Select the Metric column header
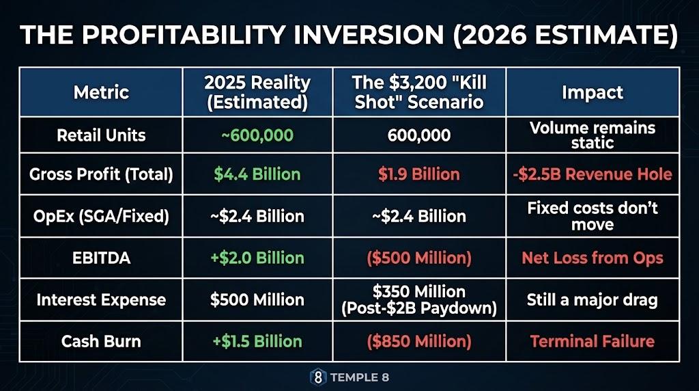(x=100, y=92)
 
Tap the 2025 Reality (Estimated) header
(x=257, y=92)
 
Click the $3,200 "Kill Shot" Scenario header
(x=418, y=92)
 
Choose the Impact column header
(x=592, y=92)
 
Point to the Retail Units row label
(x=100, y=135)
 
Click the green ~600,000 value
(x=257, y=135)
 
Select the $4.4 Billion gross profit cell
(x=257, y=174)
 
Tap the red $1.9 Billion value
(x=418, y=174)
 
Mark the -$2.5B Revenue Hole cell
(x=592, y=174)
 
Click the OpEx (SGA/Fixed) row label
(x=100, y=217)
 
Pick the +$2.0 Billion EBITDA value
(x=257, y=258)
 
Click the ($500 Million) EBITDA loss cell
(x=418, y=258)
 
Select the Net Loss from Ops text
(x=592, y=258)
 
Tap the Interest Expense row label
(x=100, y=299)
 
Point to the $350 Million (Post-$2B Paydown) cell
(x=418, y=299)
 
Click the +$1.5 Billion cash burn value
(x=257, y=341)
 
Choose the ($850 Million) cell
(x=418, y=341)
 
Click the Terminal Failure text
(x=592, y=341)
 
